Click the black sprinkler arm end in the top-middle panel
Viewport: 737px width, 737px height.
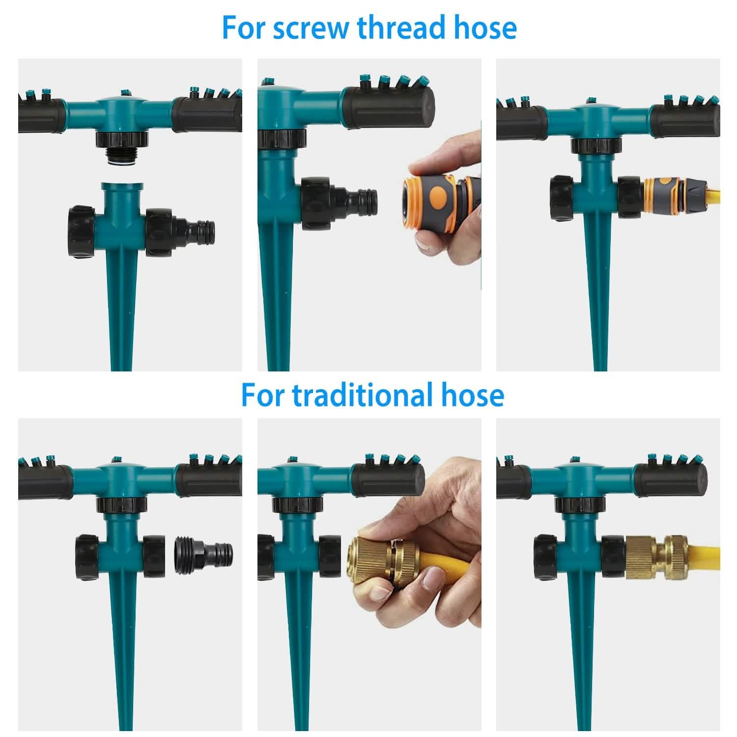click(388, 108)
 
